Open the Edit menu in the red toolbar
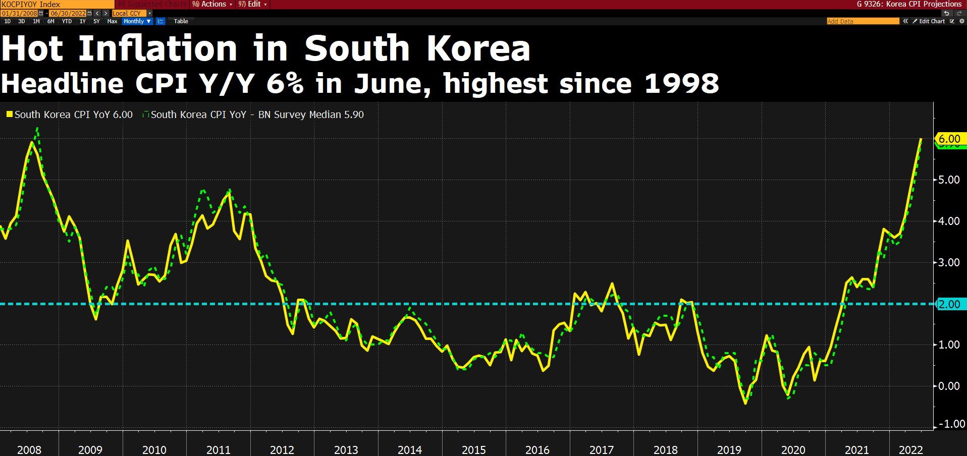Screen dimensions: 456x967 253,4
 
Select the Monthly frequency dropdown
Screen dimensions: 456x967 137,21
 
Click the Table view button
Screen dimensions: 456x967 181,21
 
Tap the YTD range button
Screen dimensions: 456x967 67,21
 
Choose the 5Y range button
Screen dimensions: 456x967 96,21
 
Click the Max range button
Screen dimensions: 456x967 112,21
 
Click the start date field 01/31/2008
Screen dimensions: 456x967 20,13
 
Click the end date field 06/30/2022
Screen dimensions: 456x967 67,13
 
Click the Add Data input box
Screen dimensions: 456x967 863,21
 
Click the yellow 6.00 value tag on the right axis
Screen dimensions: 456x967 949,138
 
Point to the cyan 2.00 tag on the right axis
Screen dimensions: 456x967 949,304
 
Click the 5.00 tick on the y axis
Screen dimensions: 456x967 949,180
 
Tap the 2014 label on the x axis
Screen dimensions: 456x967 410,449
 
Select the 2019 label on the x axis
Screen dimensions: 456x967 729,449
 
